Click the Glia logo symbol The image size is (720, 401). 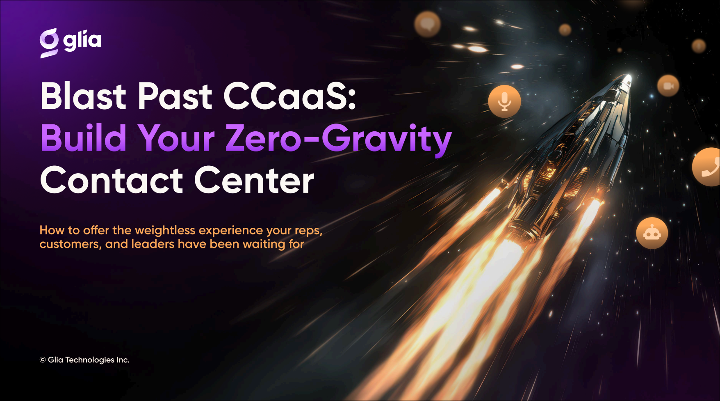click(x=49, y=43)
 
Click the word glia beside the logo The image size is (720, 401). click(x=82, y=41)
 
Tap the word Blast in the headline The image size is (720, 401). click(x=84, y=96)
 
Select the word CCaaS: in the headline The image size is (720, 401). click(x=290, y=96)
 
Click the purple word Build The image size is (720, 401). click(x=84, y=138)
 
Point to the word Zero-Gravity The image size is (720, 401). click(x=339, y=140)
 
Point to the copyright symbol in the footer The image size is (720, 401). click(x=43, y=360)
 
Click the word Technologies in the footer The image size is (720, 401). click(x=90, y=360)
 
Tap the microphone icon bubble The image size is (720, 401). click(x=505, y=101)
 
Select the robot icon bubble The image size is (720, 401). click(x=652, y=233)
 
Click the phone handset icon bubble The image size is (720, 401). click(x=707, y=167)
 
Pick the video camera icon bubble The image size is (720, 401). click(x=668, y=86)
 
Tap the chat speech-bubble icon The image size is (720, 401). click(x=427, y=24)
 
